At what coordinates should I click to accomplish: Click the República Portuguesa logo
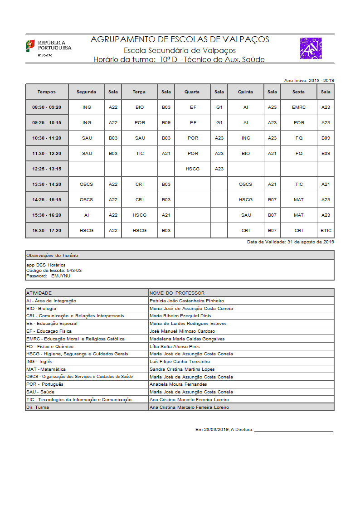pos(48,47)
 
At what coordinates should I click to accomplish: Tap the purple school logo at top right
pos(311,48)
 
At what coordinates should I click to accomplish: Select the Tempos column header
pos(47,92)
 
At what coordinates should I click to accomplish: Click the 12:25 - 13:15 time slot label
pos(47,169)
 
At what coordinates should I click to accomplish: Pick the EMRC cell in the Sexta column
pos(299,107)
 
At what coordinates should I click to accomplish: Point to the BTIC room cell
pos(326,231)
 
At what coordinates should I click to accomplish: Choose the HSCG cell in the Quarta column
pos(193,169)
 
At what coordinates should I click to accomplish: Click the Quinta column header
pos(245,92)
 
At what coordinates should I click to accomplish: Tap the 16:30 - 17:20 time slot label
pos(47,231)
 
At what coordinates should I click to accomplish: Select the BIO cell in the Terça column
pos(140,107)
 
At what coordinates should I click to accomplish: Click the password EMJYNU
pos(61,276)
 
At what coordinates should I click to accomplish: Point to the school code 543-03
pos(74,270)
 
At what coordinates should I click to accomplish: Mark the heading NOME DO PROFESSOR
pos(177,293)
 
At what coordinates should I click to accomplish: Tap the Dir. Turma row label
pos(38,407)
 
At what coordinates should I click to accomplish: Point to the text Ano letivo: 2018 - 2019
pos(309,80)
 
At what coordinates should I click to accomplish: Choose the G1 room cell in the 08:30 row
pos(219,107)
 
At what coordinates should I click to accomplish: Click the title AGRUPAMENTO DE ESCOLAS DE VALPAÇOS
pos(180,39)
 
